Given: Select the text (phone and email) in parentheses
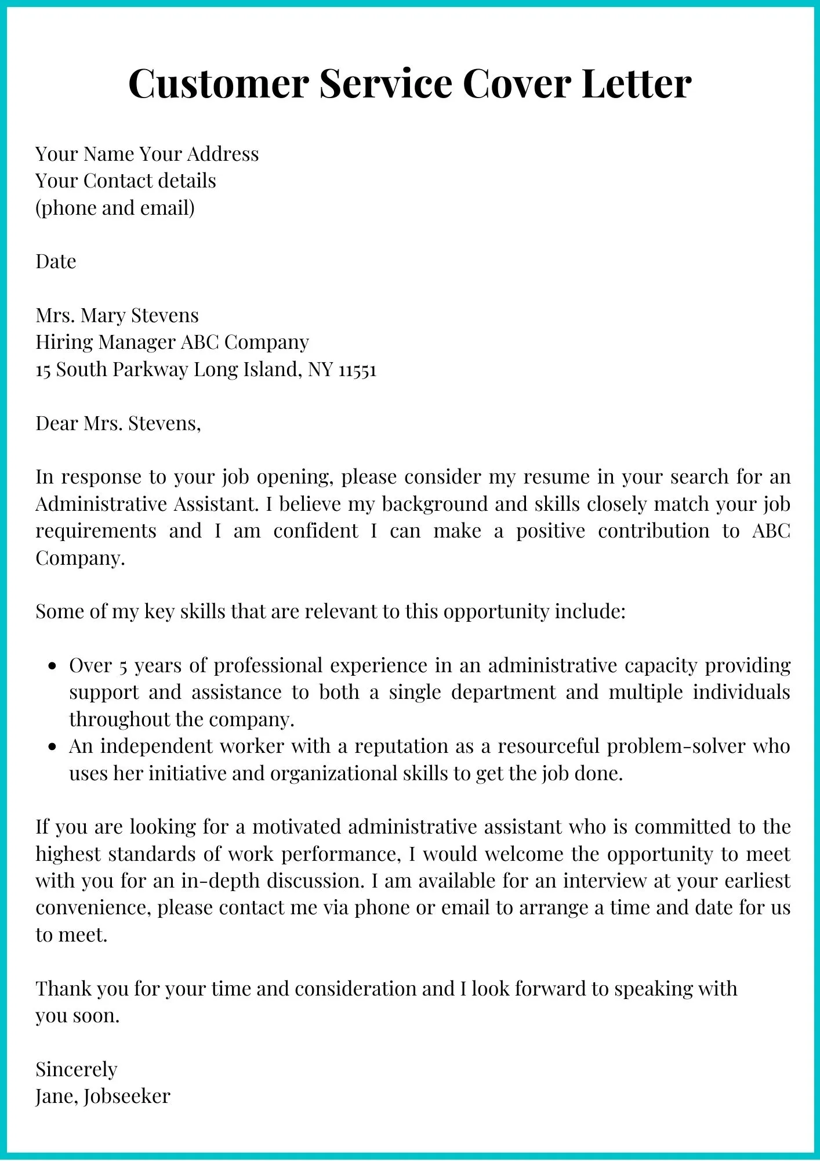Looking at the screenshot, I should coord(115,208).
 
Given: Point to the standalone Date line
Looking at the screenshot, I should coord(56,262).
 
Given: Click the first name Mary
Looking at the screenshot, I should coord(104,316).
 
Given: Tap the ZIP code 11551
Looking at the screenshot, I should coord(357,370).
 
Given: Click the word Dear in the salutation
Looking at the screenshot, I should coord(57,423).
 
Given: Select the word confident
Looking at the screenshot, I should coord(315,531).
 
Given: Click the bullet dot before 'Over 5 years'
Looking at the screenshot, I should coord(53,667).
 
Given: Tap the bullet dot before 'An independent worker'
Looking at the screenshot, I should coord(53,748).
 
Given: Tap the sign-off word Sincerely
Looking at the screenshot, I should coord(76,1069).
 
